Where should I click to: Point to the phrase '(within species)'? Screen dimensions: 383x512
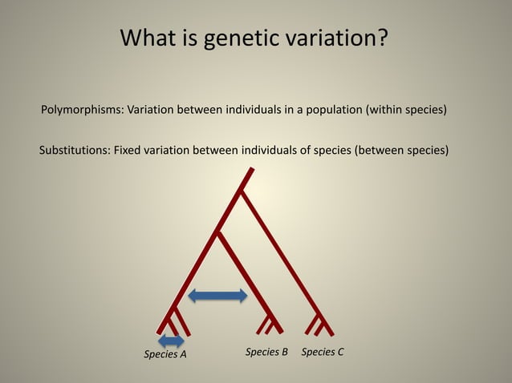click(x=406, y=110)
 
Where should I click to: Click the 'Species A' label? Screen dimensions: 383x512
click(x=165, y=353)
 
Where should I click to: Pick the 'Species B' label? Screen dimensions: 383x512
click(x=266, y=352)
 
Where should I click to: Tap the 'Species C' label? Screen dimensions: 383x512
click(x=323, y=352)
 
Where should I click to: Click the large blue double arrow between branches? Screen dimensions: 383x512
click(x=217, y=296)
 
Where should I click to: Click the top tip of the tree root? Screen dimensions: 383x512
click(x=252, y=169)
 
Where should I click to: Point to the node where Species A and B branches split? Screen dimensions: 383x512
click(x=217, y=233)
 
